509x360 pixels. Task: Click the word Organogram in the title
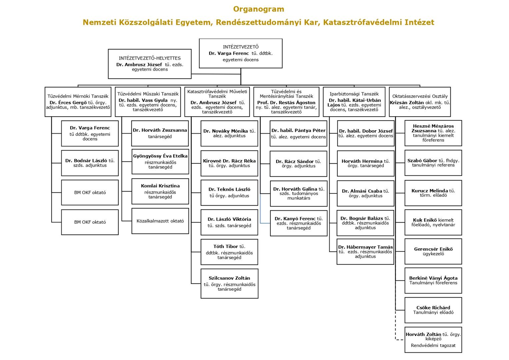point(259,9)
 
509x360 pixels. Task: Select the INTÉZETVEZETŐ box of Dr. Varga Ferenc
point(241,53)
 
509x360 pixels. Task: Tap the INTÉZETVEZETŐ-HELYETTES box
point(150,64)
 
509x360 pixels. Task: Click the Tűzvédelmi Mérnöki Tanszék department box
point(78,102)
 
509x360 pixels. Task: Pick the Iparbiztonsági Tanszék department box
point(354,102)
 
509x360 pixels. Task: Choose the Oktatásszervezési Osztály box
point(420,102)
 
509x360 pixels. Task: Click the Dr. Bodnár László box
point(90,163)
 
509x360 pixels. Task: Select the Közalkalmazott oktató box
point(160,221)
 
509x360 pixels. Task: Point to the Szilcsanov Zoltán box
point(230,284)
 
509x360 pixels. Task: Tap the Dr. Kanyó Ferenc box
point(299,223)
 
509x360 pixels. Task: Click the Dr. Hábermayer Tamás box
point(365,252)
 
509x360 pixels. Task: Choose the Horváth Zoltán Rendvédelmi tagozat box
point(433,340)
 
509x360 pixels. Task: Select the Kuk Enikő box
point(433,222)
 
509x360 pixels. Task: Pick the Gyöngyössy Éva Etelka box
point(160,162)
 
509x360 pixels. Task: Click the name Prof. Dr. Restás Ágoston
point(286,103)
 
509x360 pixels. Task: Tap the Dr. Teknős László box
point(229,193)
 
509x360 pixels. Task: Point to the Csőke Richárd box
point(433,310)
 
